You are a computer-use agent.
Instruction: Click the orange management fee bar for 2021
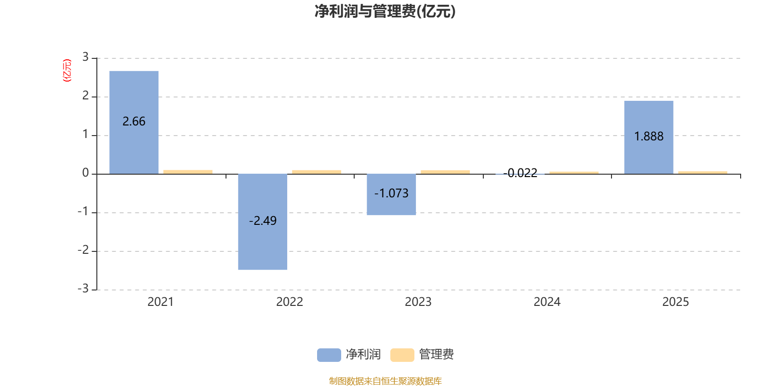[x=188, y=171]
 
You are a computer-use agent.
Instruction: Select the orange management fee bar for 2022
[x=317, y=171]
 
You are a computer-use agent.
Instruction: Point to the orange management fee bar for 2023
[x=445, y=171]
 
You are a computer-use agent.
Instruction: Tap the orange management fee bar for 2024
[x=574, y=172]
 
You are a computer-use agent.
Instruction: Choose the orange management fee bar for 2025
[x=703, y=172]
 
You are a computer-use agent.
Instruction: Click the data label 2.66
[x=134, y=122]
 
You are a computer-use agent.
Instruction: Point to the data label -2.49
[x=263, y=221]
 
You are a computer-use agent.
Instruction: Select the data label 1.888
[x=649, y=137]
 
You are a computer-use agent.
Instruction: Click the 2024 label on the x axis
[x=547, y=302]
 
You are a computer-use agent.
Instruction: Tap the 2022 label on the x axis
[x=290, y=302]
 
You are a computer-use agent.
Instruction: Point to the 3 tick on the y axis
[x=85, y=57]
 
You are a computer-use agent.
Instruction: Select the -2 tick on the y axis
[x=83, y=250]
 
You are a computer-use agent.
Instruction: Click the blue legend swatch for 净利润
[x=329, y=355]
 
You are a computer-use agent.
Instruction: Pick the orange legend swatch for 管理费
[x=402, y=355]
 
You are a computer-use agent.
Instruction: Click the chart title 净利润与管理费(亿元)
[x=385, y=11]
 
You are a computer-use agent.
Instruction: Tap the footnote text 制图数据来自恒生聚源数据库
[x=385, y=381]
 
